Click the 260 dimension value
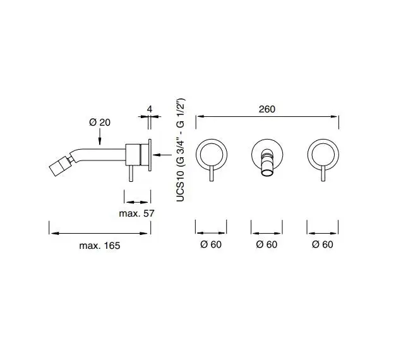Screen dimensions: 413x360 [267, 109]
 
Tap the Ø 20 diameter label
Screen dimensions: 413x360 [100, 122]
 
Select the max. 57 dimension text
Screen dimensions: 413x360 [136, 213]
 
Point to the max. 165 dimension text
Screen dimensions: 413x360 [100, 246]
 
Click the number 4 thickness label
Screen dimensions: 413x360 [150, 109]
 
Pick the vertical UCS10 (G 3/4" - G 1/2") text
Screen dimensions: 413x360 [181, 150]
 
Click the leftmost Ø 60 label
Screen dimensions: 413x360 [211, 244]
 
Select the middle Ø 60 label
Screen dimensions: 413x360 [266, 244]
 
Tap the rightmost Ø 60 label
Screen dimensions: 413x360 [323, 244]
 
